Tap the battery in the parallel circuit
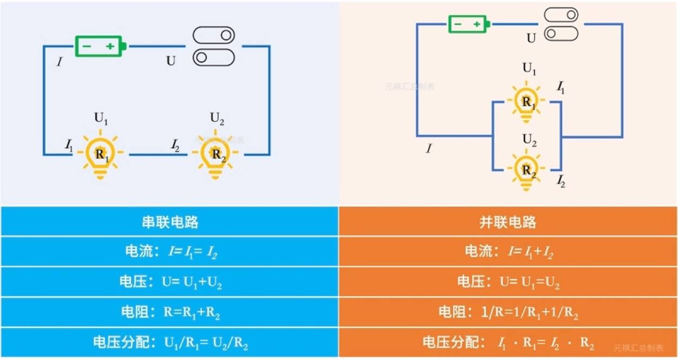pyautogui.click(x=468, y=24)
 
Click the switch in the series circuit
pyautogui.click(x=214, y=46)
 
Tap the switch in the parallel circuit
pyautogui.click(x=561, y=24)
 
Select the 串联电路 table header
pyautogui.click(x=169, y=222)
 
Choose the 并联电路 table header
pyautogui.click(x=508, y=222)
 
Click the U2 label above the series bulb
pyautogui.click(x=217, y=119)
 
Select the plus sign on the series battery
pyautogui.click(x=110, y=46)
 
